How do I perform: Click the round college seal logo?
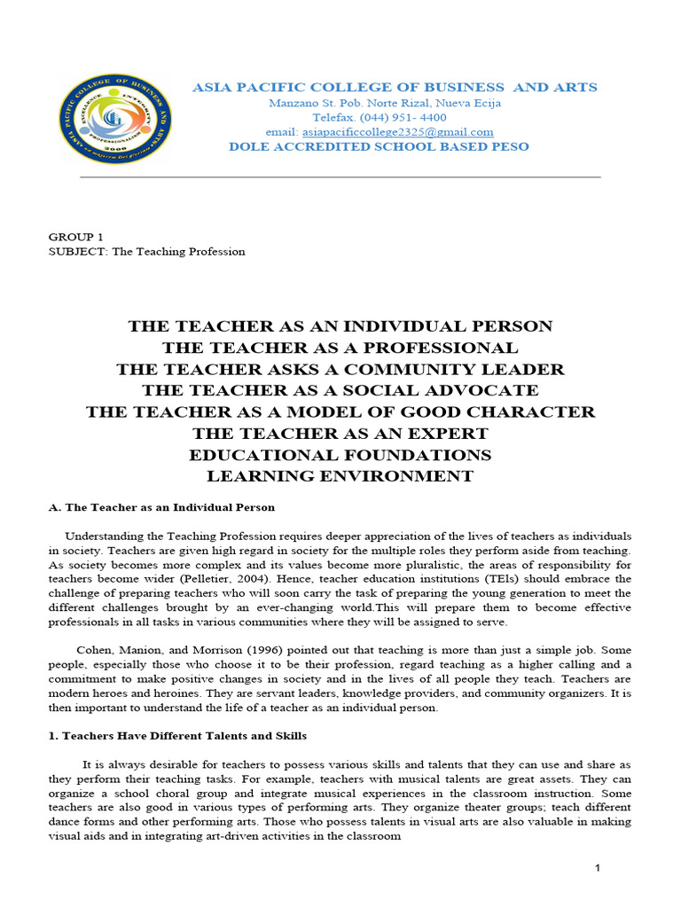pos(115,119)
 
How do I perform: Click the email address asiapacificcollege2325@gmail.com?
pos(392,132)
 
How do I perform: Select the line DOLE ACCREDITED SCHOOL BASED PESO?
pos(379,146)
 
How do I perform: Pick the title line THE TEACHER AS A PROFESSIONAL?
pos(340,348)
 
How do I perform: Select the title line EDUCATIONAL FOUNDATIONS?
pos(340,455)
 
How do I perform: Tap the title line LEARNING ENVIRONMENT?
pos(340,476)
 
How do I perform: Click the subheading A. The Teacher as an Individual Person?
pos(161,507)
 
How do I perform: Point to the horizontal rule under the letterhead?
pos(340,177)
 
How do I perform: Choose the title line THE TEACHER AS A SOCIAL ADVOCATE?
pos(340,390)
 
